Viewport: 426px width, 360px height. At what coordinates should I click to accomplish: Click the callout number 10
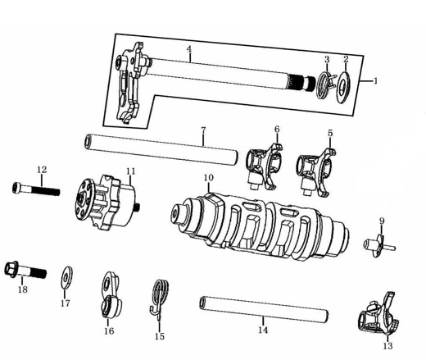(x=209, y=178)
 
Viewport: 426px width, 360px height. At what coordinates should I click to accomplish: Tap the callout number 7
(x=203, y=130)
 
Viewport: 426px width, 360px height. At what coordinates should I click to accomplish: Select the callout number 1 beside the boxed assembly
(x=375, y=81)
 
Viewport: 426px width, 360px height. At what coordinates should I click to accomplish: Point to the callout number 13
(x=387, y=346)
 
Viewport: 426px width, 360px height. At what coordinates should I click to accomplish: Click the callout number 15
(x=160, y=336)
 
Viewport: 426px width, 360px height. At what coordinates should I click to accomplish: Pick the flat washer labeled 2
(x=343, y=87)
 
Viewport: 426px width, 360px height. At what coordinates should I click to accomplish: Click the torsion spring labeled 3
(x=324, y=84)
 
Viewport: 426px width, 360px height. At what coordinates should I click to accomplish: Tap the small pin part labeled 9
(x=378, y=245)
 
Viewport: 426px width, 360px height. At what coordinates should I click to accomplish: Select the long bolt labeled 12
(x=36, y=189)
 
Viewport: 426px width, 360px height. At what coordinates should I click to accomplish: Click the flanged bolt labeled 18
(x=25, y=270)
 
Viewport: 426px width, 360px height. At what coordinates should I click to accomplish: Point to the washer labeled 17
(x=66, y=277)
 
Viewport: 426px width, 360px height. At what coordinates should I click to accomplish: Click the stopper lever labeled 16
(x=112, y=295)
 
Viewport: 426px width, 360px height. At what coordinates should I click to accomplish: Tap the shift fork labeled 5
(x=316, y=171)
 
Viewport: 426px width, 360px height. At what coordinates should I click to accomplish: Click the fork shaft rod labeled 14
(x=264, y=309)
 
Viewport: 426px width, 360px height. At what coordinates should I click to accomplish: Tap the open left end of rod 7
(x=88, y=141)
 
